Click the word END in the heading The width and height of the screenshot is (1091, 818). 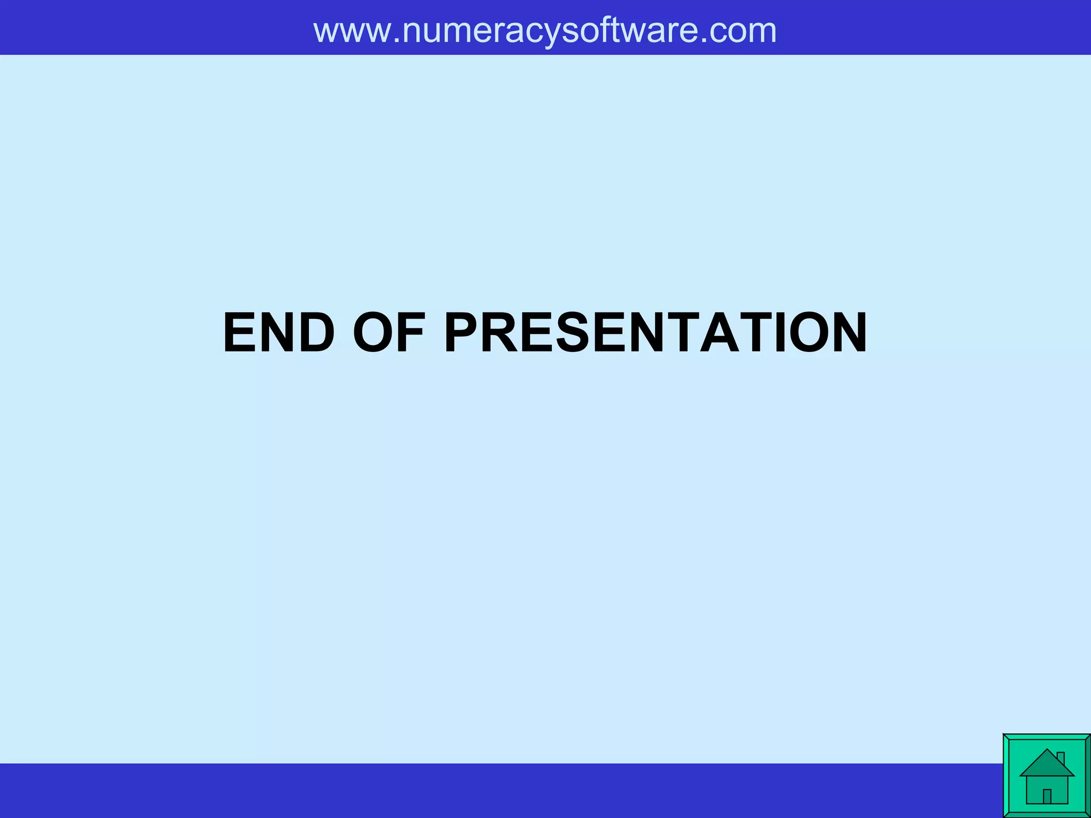(279, 333)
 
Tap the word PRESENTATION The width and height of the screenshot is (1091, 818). (656, 333)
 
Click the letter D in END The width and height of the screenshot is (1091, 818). (315, 333)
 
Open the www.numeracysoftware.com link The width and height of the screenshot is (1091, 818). (545, 30)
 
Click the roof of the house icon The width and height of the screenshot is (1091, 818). (1046, 764)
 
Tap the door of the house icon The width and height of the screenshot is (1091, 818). (1047, 796)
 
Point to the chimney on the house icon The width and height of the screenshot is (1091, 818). (1060, 757)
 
